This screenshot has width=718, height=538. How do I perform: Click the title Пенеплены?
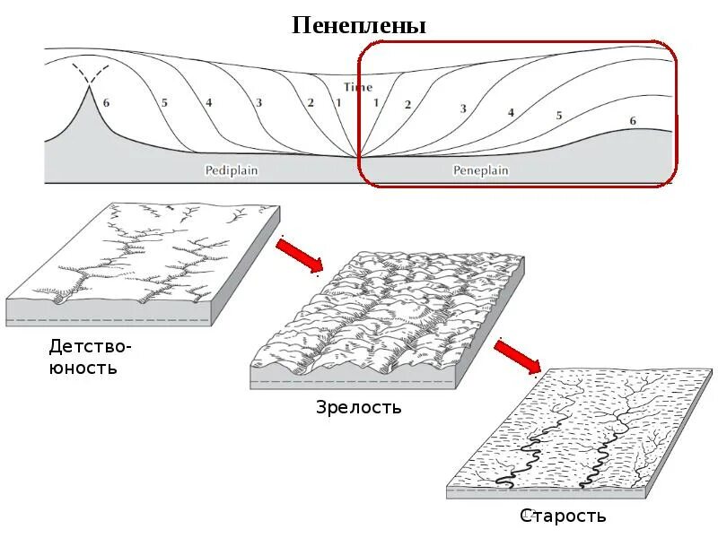coord(359,25)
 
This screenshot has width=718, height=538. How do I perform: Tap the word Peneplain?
coord(481,169)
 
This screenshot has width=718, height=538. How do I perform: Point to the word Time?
coord(357,87)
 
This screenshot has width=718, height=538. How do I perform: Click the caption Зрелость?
coord(358,408)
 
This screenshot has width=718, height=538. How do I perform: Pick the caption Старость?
coord(563,516)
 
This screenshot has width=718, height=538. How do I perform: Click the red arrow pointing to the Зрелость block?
coord(299,255)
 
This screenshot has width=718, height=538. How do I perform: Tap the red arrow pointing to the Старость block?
coord(518,355)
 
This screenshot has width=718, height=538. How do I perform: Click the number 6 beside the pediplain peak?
coord(106,102)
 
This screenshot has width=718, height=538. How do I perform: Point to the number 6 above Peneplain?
coord(633,120)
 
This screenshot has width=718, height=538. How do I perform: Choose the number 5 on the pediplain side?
coord(164,102)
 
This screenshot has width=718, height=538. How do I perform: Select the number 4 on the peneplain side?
coord(511,113)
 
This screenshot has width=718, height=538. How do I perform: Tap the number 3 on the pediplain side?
coord(258,102)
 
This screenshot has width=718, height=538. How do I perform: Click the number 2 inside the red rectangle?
coord(407,104)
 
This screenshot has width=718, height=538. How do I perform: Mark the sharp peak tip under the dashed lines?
coord(89,87)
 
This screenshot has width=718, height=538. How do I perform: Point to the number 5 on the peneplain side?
coord(558,116)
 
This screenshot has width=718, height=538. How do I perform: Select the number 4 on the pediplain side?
coord(209,102)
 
